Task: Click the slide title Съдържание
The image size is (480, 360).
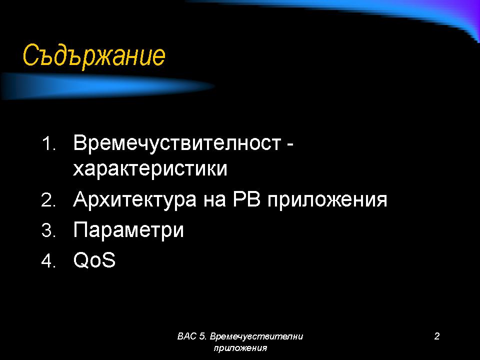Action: point(94,56)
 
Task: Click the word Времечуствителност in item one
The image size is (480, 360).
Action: point(177,143)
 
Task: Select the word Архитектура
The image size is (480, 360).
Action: point(134,200)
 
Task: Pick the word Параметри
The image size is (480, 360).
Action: point(128,230)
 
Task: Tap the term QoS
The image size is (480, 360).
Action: point(94,260)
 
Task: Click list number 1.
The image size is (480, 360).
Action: point(48,143)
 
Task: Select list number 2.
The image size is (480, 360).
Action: point(48,200)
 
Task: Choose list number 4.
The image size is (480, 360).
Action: point(48,261)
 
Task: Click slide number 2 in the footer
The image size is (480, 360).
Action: point(437,336)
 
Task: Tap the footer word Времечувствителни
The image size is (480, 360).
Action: point(256,336)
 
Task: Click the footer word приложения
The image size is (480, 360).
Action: point(240,348)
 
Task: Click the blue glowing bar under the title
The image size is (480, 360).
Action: point(107,86)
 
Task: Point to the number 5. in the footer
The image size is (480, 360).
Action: point(202,336)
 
